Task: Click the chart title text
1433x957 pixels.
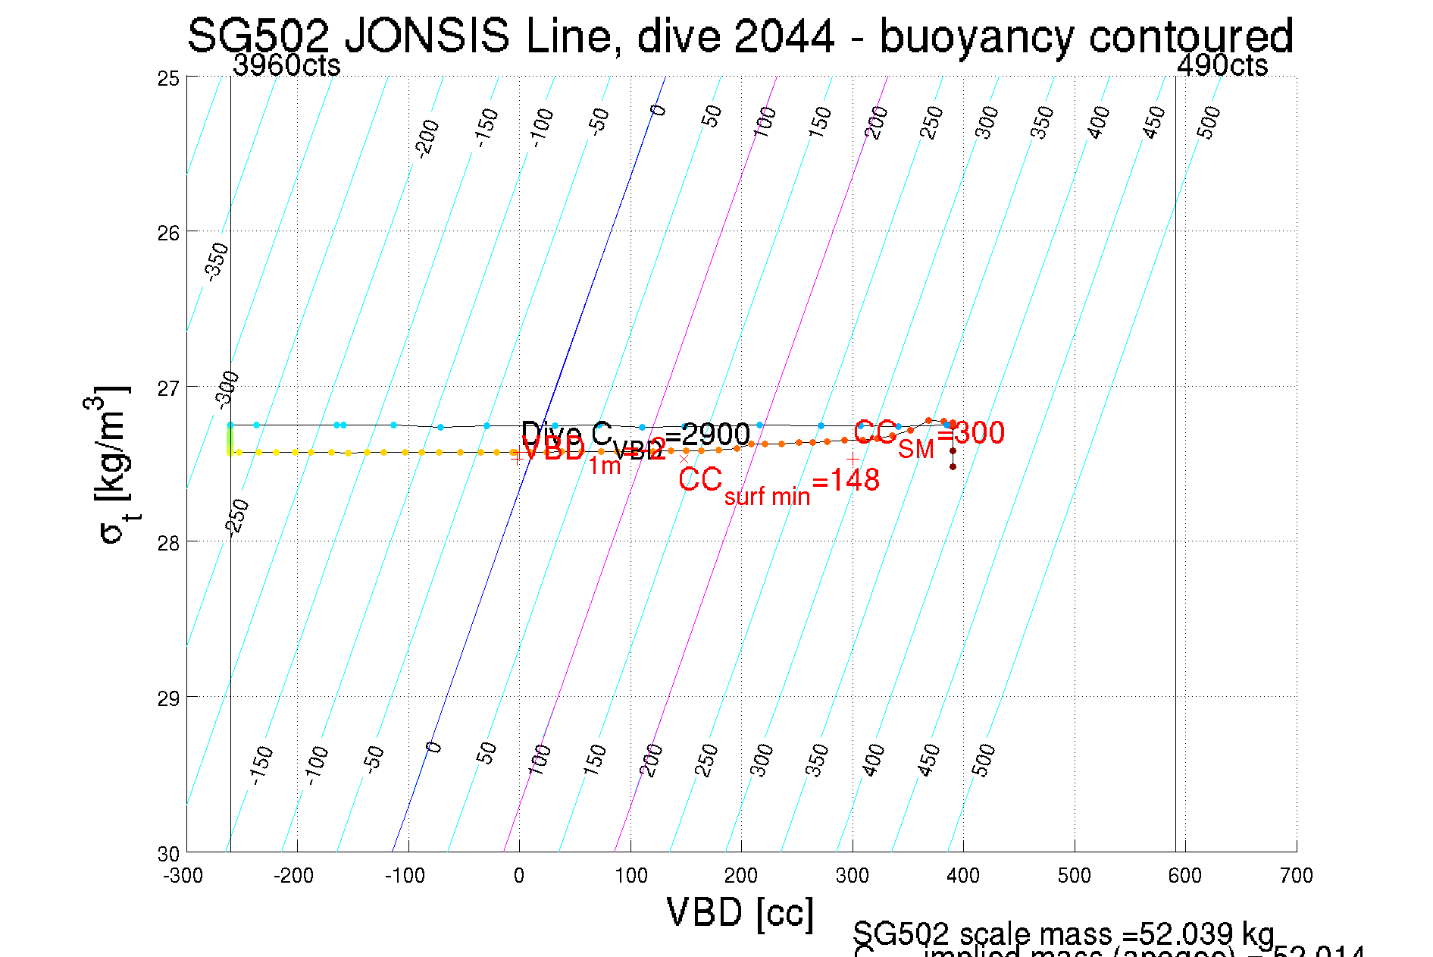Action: [740, 36]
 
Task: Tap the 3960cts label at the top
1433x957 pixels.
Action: [286, 66]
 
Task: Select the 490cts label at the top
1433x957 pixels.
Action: [1222, 66]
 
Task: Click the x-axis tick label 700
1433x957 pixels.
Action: [1296, 876]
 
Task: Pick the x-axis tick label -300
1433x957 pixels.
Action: [183, 876]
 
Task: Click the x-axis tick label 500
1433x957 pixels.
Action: [1074, 876]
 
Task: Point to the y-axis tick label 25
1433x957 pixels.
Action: [168, 78]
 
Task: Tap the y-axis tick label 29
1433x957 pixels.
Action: [168, 698]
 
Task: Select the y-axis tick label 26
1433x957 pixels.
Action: [168, 233]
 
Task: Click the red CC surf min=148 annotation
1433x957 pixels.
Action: [778, 482]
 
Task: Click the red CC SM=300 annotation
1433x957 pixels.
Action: [929, 434]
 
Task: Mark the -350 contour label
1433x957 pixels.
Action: [217, 261]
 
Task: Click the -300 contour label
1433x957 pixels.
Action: [227, 390]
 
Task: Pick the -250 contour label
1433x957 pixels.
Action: [238, 517]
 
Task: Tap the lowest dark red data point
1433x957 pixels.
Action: [953, 466]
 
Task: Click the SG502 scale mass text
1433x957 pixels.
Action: [1063, 933]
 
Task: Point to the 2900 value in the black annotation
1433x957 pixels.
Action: [715, 435]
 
